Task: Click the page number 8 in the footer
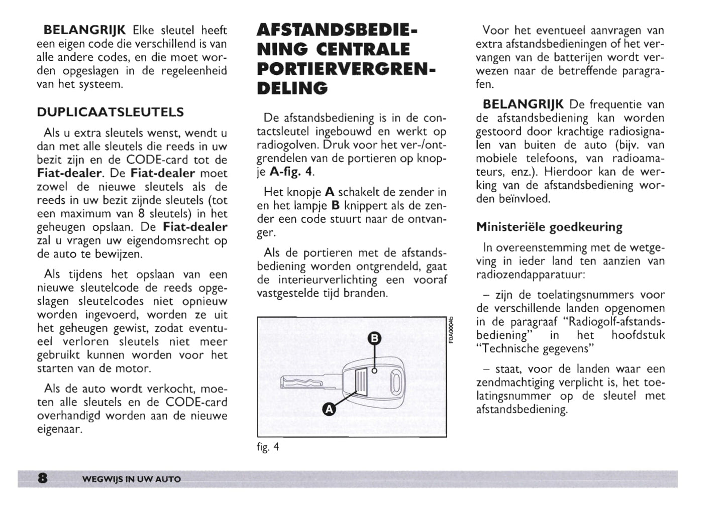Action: (x=43, y=478)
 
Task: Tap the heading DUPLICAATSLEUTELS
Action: (x=111, y=112)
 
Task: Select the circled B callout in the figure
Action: (x=375, y=338)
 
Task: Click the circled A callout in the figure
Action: (x=329, y=409)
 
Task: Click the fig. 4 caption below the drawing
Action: (x=268, y=447)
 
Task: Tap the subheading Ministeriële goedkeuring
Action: (x=549, y=227)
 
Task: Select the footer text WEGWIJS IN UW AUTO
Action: (x=131, y=479)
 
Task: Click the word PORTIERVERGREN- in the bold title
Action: (x=346, y=69)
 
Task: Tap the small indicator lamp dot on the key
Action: (x=374, y=371)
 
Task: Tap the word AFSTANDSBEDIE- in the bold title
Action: (x=337, y=30)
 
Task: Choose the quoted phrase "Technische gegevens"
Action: (x=535, y=348)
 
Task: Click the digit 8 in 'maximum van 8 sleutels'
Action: (x=141, y=214)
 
